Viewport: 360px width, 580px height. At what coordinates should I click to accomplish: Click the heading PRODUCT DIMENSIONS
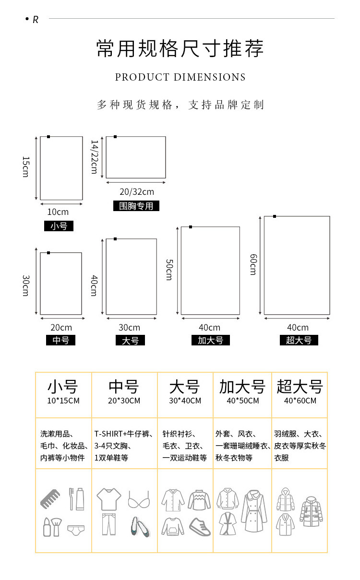pyautogui.click(x=180, y=77)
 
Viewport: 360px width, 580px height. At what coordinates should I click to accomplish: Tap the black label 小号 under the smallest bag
pyautogui.click(x=59, y=226)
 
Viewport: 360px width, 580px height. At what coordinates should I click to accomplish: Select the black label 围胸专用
pyautogui.click(x=136, y=206)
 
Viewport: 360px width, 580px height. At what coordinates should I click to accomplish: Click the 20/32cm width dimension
pyautogui.click(x=136, y=192)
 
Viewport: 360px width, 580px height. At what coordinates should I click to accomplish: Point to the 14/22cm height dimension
pyautogui.click(x=94, y=157)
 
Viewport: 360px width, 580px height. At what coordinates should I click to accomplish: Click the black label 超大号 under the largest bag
pyautogui.click(x=299, y=340)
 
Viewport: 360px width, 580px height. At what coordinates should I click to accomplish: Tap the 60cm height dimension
pyautogui.click(x=253, y=264)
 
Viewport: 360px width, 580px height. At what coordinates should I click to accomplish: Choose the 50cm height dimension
pyautogui.click(x=169, y=270)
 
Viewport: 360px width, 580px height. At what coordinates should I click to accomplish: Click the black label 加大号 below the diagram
pyautogui.click(x=210, y=340)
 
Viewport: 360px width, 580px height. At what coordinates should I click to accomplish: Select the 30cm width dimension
pyautogui.click(x=130, y=328)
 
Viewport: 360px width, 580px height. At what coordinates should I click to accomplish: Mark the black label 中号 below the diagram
pyautogui.click(x=61, y=340)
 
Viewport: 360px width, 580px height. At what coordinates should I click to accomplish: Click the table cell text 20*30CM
pyautogui.click(x=124, y=401)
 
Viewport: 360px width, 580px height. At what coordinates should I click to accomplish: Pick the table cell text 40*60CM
pyautogui.click(x=300, y=401)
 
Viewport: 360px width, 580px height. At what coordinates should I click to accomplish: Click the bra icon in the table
pyautogui.click(x=138, y=500)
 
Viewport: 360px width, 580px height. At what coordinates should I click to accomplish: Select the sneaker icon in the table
pyautogui.click(x=200, y=526)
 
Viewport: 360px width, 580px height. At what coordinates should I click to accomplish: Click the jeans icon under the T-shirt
pyautogui.click(x=108, y=524)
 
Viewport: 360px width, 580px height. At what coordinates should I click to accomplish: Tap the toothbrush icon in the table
pyautogui.click(x=72, y=498)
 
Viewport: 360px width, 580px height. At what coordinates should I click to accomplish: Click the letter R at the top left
pyautogui.click(x=35, y=20)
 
